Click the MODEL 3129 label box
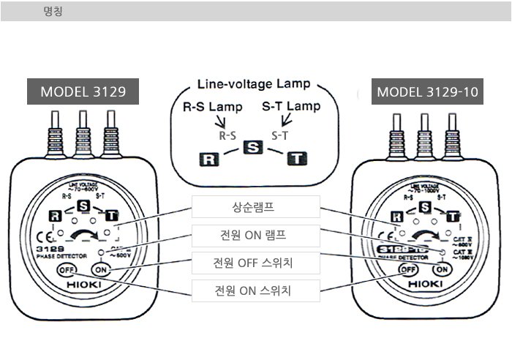click(x=83, y=92)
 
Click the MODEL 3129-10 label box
click(x=427, y=92)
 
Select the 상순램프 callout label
click(x=256, y=207)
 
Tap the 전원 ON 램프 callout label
click(x=256, y=236)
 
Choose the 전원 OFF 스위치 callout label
click(x=256, y=263)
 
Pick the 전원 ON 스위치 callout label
click(x=256, y=290)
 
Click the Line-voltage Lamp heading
click(x=254, y=84)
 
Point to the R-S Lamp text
click(x=212, y=107)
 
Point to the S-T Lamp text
click(x=291, y=107)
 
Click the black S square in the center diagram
click(x=253, y=147)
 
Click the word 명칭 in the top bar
click(x=53, y=12)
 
